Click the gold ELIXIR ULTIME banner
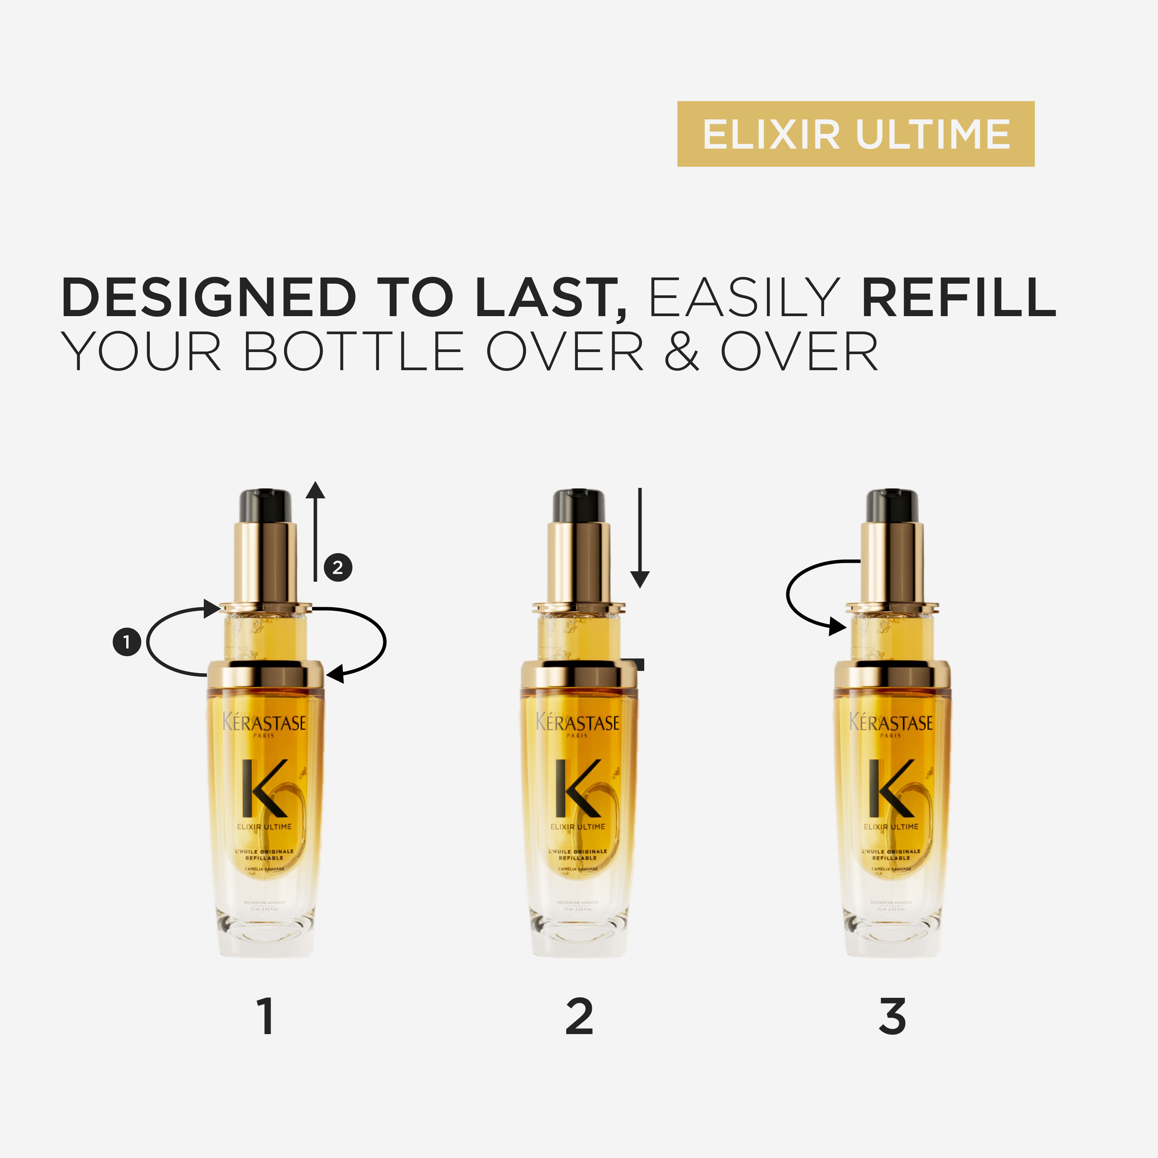(855, 134)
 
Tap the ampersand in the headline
(682, 352)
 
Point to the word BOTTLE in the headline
(353, 352)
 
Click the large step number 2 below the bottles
(579, 1017)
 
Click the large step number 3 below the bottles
(892, 1017)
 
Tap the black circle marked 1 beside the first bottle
(127, 642)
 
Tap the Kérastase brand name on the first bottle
(264, 722)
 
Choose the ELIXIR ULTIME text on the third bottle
(891, 826)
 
